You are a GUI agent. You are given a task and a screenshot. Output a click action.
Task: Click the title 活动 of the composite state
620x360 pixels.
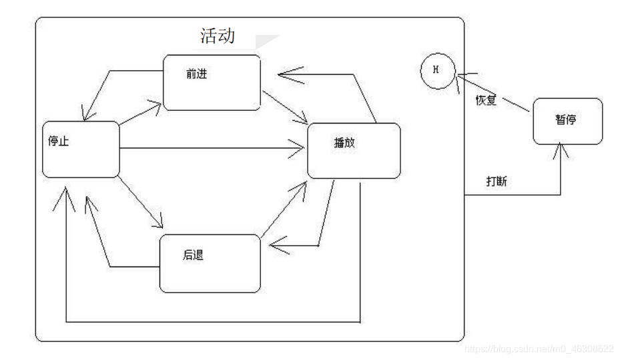point(218,35)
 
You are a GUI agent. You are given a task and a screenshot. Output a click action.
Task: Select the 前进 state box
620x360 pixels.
point(212,82)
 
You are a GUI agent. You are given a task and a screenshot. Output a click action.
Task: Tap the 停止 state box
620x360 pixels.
point(81,149)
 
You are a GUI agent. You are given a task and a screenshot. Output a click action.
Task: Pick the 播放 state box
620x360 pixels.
point(354,150)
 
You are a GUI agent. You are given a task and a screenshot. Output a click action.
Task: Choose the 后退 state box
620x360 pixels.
point(210,263)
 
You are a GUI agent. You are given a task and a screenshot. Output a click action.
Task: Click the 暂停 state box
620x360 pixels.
point(567,121)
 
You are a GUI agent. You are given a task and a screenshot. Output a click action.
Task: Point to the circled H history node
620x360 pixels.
point(437,69)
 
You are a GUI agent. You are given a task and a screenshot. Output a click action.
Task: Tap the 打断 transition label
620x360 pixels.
point(497,181)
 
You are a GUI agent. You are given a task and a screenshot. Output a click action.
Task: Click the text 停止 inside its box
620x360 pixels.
point(59,141)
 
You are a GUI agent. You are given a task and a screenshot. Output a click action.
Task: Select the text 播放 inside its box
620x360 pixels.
point(344,142)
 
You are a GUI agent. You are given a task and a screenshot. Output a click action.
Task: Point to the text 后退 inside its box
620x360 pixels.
point(193,254)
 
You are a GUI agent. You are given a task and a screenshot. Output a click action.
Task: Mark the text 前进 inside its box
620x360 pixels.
point(196,73)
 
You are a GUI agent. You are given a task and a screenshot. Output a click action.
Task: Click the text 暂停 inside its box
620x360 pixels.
point(565,120)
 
